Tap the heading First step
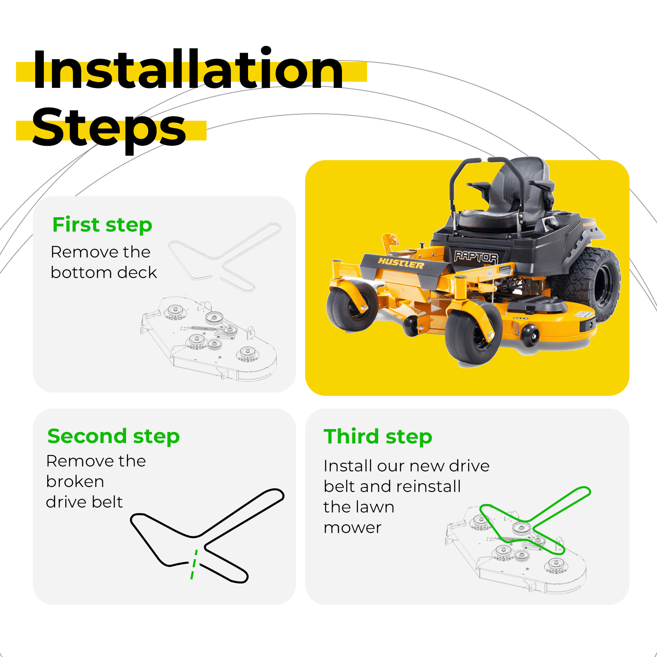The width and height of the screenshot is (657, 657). [102, 225]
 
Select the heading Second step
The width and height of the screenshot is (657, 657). [114, 436]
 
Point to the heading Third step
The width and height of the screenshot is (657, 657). [378, 436]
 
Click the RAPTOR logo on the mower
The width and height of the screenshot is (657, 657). [476, 257]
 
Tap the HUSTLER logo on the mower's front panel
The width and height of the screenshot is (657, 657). [401, 263]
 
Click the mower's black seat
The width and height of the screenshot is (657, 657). [509, 197]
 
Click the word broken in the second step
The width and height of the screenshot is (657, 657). [75, 481]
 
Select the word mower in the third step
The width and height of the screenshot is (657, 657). [352, 528]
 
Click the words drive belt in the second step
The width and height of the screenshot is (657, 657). [85, 502]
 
